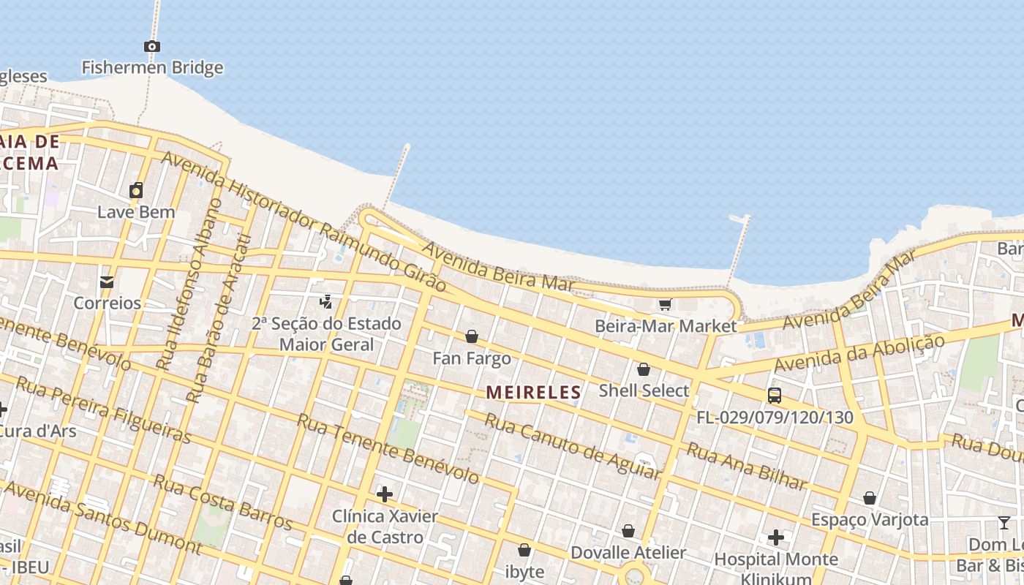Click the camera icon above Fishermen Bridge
(152, 47)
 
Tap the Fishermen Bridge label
(152, 68)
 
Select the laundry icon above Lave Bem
(136, 191)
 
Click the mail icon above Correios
(107, 282)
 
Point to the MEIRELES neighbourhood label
(533, 393)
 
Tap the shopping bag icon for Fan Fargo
(472, 336)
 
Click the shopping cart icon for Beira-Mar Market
(665, 304)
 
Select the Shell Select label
(644, 390)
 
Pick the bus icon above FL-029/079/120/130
(774, 396)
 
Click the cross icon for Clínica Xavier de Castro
(385, 494)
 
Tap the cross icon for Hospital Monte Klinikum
(776, 538)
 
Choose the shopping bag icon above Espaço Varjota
(870, 499)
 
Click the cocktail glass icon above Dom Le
(1004, 523)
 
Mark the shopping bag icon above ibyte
(524, 550)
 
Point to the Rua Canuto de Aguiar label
(573, 446)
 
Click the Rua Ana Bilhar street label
(746, 467)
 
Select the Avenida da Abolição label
(859, 353)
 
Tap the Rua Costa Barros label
(222, 502)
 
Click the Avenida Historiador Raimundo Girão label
(304, 222)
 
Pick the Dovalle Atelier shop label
(628, 553)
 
